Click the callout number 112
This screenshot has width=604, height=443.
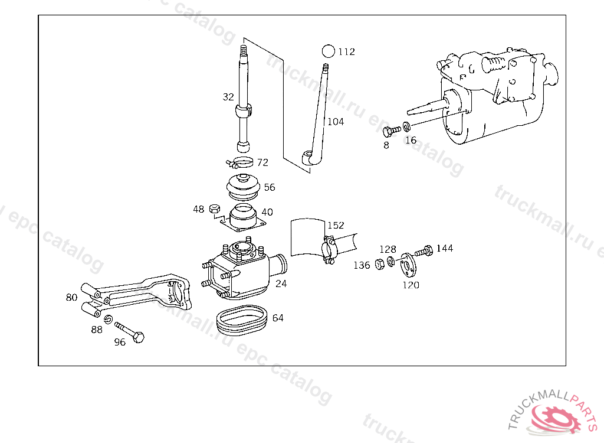347,52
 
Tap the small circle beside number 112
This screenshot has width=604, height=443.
329,51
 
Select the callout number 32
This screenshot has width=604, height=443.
228,97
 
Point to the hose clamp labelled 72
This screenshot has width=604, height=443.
239,162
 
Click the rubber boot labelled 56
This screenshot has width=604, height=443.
243,187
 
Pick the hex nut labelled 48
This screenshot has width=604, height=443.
215,209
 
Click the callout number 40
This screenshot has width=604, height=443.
267,212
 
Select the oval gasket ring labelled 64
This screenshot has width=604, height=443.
242,320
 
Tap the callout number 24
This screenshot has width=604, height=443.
281,284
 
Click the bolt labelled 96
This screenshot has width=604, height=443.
130,332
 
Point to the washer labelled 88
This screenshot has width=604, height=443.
109,319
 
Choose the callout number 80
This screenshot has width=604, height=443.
71,297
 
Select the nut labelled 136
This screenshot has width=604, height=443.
380,264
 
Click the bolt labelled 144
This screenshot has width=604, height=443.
424,251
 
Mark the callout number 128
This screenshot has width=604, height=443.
388,249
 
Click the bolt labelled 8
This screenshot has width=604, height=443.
392,131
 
